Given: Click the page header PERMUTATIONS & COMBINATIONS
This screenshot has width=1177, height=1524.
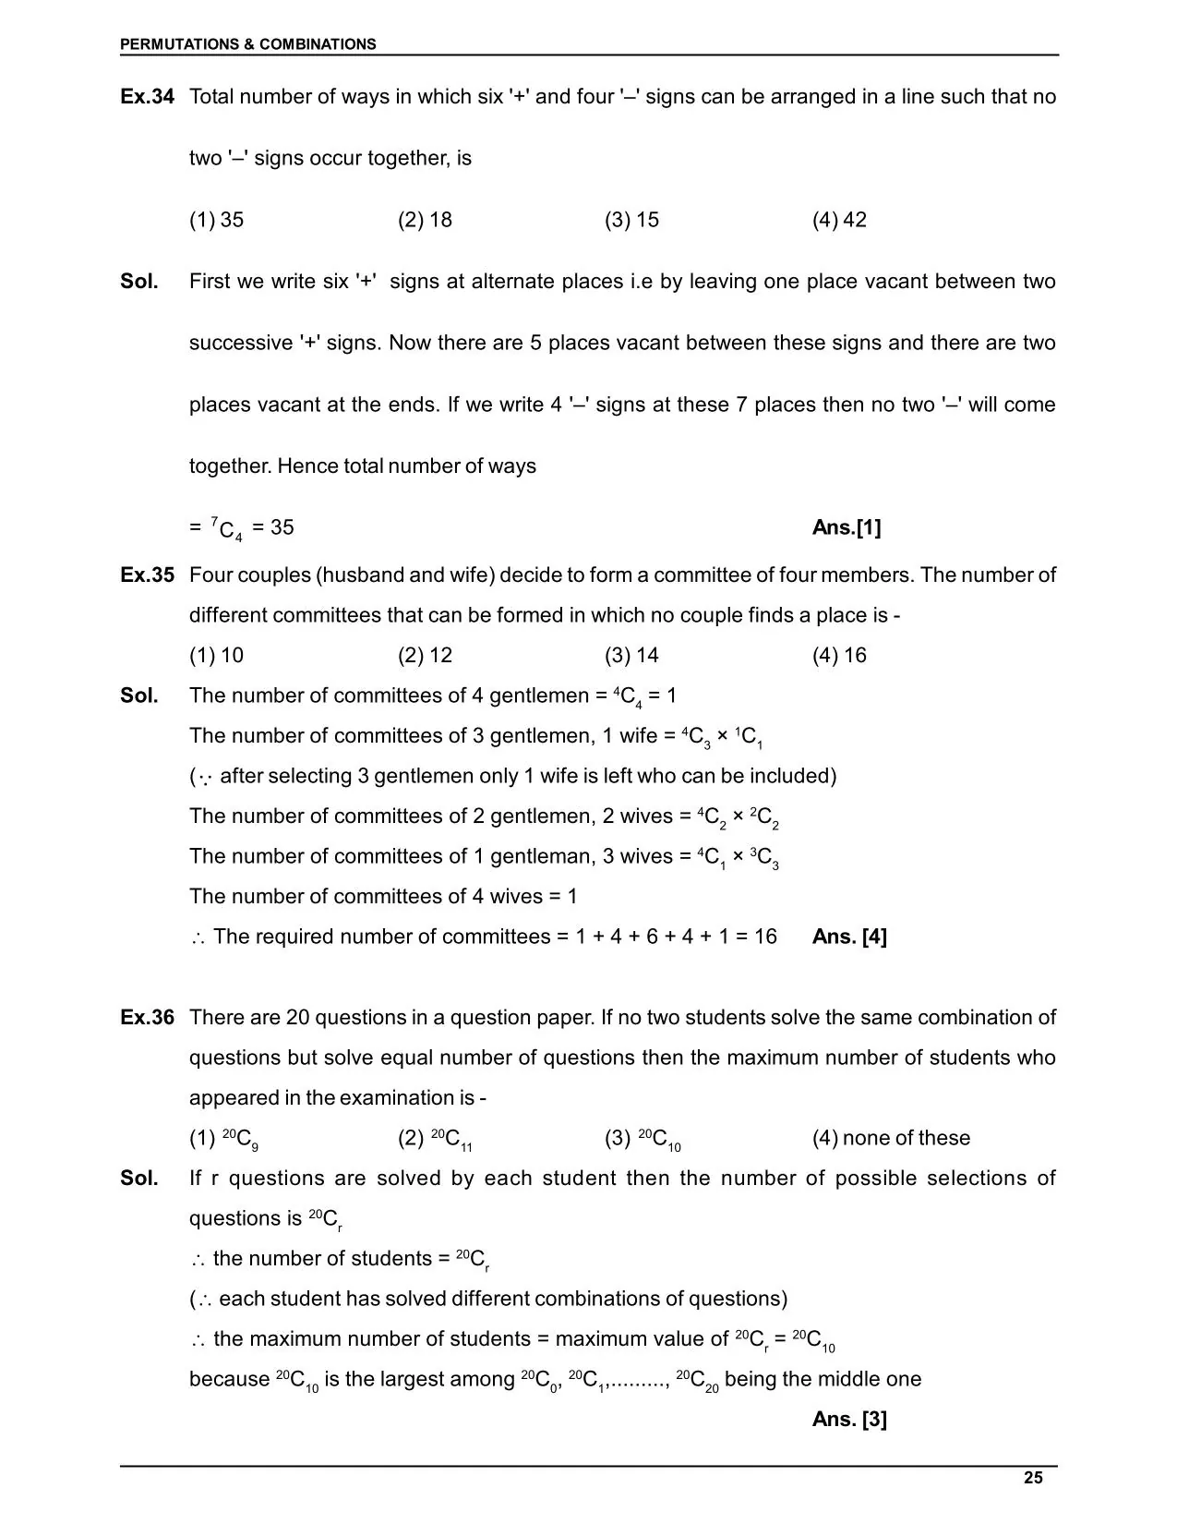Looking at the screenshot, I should (247, 44).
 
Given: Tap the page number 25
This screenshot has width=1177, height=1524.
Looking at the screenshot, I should (1033, 1478).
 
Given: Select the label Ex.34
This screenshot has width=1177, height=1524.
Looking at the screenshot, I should (147, 97).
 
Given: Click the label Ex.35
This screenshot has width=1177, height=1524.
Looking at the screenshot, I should (147, 575).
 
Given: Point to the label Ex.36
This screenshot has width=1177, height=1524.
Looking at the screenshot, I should (147, 1018).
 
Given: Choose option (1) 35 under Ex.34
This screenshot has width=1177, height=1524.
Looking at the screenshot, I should (217, 220).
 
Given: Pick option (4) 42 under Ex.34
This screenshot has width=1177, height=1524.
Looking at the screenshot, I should (839, 220).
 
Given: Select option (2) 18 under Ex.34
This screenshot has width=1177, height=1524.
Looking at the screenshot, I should (425, 220).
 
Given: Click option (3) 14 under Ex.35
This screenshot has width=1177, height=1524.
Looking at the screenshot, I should (631, 656).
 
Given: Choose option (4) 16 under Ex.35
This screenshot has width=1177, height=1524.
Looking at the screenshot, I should (839, 656).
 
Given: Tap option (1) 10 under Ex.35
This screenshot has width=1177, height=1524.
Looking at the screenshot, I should (217, 656).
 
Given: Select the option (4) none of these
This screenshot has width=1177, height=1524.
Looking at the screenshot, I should (891, 1138).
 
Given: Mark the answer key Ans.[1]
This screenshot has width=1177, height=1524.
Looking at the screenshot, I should (847, 527).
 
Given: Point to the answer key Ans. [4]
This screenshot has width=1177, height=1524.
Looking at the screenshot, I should (849, 937).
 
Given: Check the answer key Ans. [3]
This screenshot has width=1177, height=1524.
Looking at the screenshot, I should (849, 1420).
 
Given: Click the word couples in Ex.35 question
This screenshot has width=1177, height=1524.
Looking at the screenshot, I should (277, 575).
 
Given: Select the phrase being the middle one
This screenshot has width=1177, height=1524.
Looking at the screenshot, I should (823, 1379).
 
